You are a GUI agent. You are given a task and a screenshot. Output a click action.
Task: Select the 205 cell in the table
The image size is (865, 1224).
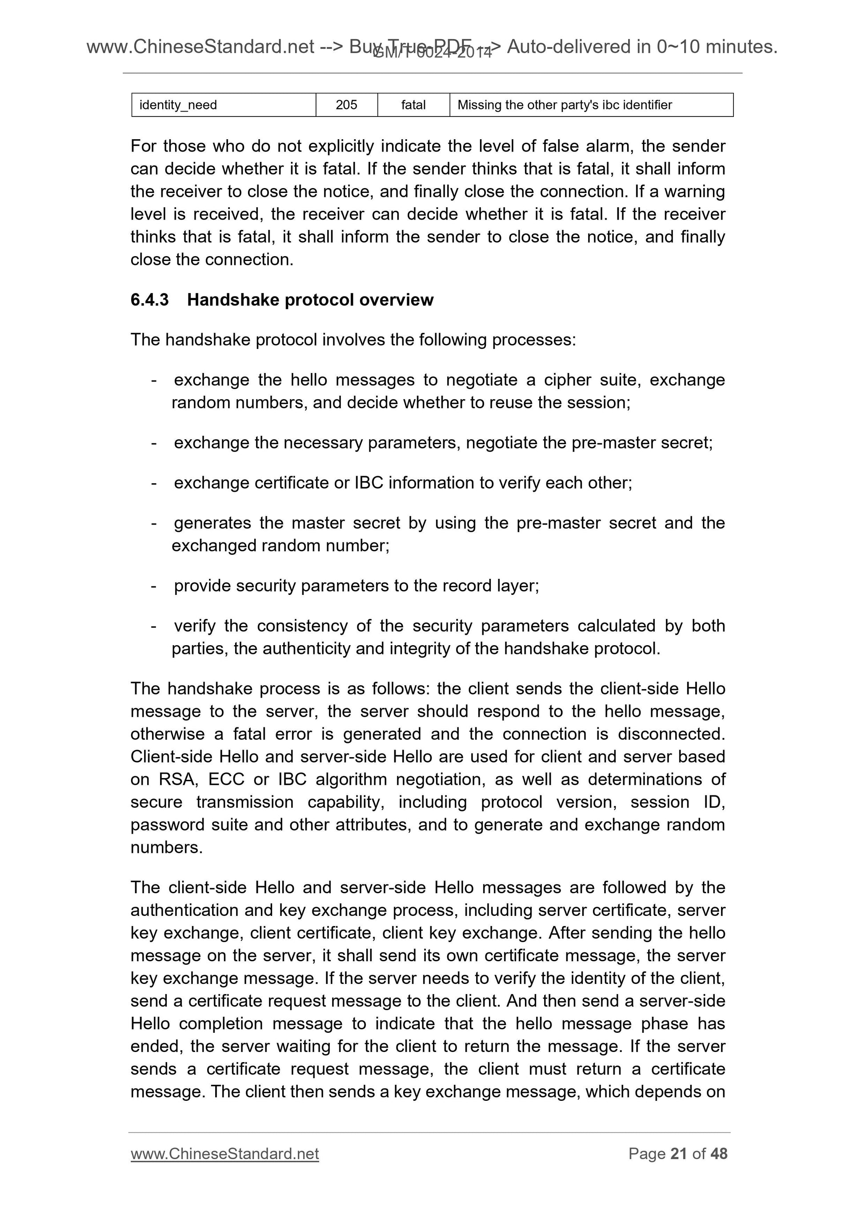(x=346, y=105)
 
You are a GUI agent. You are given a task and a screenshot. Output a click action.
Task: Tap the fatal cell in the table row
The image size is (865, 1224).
(x=413, y=105)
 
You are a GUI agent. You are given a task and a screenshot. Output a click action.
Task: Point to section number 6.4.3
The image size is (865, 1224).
(x=149, y=300)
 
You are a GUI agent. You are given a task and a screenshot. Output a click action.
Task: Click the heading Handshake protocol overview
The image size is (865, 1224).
(x=310, y=300)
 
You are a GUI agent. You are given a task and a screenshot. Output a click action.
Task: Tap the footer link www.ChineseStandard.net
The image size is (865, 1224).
(x=224, y=1154)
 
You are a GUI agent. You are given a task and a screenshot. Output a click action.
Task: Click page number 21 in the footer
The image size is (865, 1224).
(x=678, y=1154)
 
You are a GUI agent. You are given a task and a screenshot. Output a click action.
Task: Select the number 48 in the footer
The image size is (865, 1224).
(x=719, y=1154)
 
